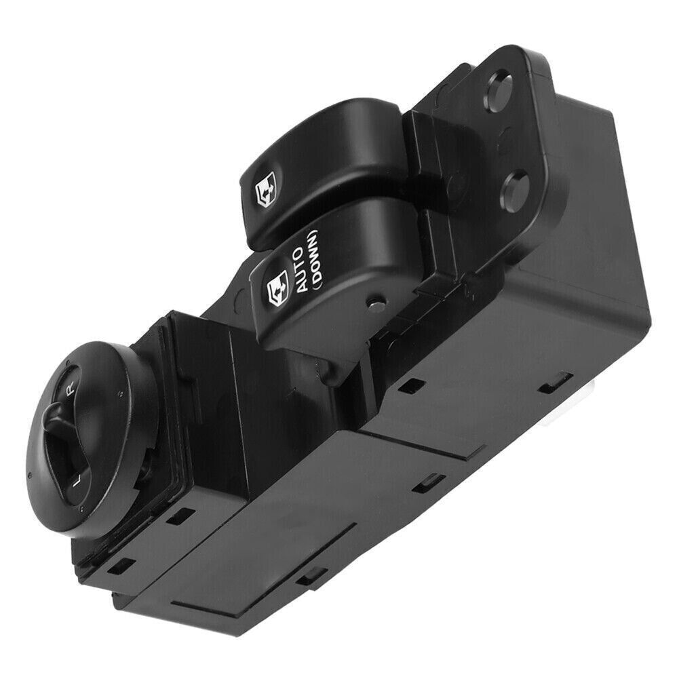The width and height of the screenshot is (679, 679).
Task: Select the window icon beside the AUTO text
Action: click(x=277, y=285)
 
